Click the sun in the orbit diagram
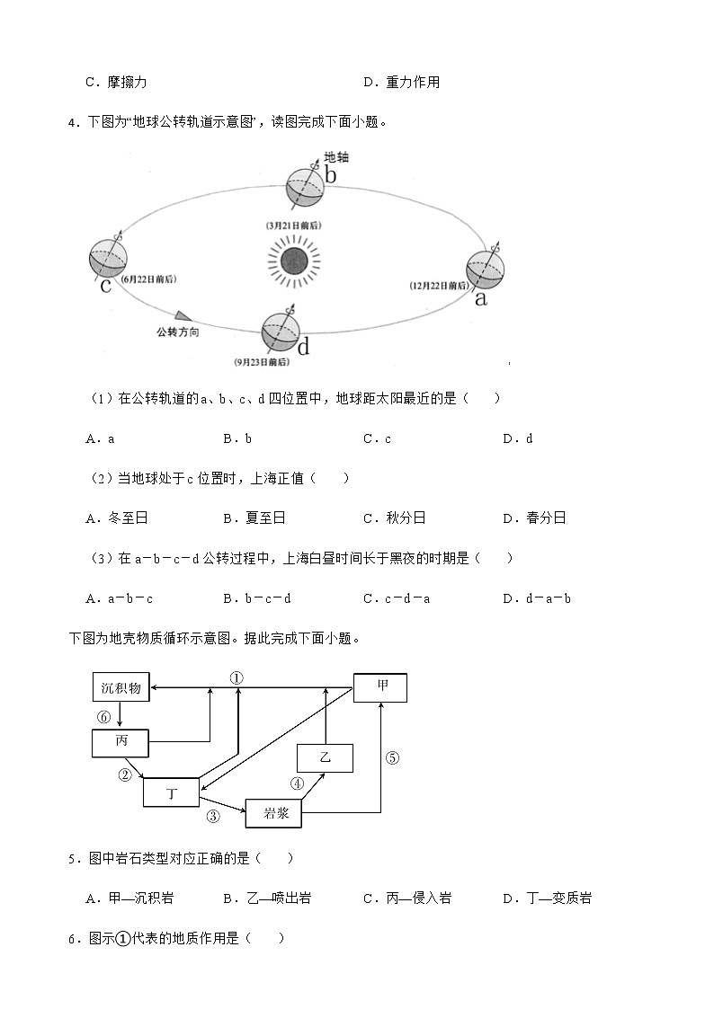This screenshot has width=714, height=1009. point(294,262)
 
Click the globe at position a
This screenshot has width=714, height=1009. point(486,269)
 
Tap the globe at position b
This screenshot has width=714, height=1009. point(305,186)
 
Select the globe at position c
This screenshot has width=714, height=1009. point(110,260)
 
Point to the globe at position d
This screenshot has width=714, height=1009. point(281,332)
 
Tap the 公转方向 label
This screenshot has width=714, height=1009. point(177,332)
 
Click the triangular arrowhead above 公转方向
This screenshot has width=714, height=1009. point(183,315)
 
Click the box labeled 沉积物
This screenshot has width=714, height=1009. point(120,688)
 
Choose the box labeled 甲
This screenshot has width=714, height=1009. point(380,687)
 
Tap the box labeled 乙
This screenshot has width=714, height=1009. point(325,757)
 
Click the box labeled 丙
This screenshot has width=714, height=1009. point(120,744)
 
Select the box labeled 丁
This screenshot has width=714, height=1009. point(171,792)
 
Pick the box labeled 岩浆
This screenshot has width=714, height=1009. point(274,813)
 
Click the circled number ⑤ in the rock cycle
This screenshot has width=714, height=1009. point(392,757)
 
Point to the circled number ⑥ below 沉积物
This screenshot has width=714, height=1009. point(104,717)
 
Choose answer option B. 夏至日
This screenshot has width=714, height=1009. point(254,518)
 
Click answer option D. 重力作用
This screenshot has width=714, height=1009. point(402,83)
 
